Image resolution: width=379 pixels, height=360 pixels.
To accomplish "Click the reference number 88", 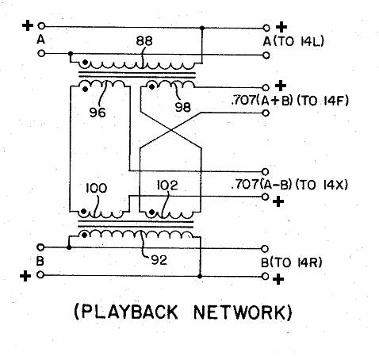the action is pos(144,41).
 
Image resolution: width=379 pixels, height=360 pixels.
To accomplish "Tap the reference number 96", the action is pos(98,113).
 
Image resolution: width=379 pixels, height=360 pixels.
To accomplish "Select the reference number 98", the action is pos(183,107).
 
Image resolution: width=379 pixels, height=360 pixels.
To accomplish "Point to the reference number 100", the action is pos(97,189).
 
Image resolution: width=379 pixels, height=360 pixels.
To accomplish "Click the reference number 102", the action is pos(167,186).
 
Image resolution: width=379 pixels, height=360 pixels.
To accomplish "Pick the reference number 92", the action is pos(159,261).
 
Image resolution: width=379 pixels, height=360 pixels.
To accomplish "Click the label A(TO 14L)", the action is pos(293,41).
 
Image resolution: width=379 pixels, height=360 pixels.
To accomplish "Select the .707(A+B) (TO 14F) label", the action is pos(290,101).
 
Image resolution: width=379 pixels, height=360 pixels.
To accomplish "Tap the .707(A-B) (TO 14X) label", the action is pos(289,185).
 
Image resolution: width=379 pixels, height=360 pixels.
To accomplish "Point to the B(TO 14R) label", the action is pos(292,262).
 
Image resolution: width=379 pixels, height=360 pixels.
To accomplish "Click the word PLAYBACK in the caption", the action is pos(129,312).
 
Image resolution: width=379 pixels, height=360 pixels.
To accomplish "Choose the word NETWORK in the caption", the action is pos(239,312).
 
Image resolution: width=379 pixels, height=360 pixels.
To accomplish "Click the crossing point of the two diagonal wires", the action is pos(171,130).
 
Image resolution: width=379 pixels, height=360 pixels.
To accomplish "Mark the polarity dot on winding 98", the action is pos(151,86).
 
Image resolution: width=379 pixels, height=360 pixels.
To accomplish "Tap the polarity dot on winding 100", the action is pos(83,211).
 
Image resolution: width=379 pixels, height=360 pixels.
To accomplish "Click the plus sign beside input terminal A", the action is pos(28,26).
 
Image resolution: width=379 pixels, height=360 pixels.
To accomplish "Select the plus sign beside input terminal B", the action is pos(25,277).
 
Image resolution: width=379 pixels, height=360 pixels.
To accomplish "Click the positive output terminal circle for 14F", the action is pos(266,87).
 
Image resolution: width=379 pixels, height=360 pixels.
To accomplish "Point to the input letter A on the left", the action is pos(40,40).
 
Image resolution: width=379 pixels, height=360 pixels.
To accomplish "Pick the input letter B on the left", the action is pos(40,261).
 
